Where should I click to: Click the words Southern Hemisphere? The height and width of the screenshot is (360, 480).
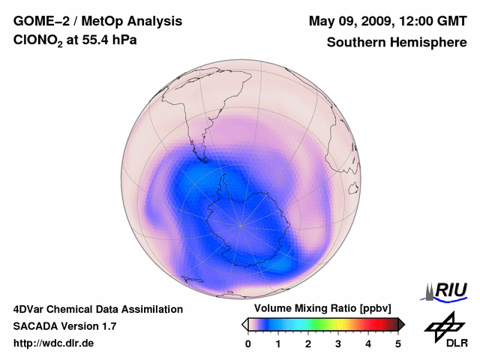point(396,43)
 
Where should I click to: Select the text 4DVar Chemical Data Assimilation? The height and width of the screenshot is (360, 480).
point(97,309)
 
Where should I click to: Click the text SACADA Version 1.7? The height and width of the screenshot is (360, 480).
point(64,326)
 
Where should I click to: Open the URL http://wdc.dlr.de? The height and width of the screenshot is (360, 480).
point(54,343)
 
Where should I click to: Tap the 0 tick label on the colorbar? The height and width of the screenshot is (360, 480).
point(248,343)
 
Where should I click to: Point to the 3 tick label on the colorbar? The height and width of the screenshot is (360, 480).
point(338,343)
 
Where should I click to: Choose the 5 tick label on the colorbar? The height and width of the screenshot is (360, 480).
point(398,343)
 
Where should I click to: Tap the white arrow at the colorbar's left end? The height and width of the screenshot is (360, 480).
point(244,324)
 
